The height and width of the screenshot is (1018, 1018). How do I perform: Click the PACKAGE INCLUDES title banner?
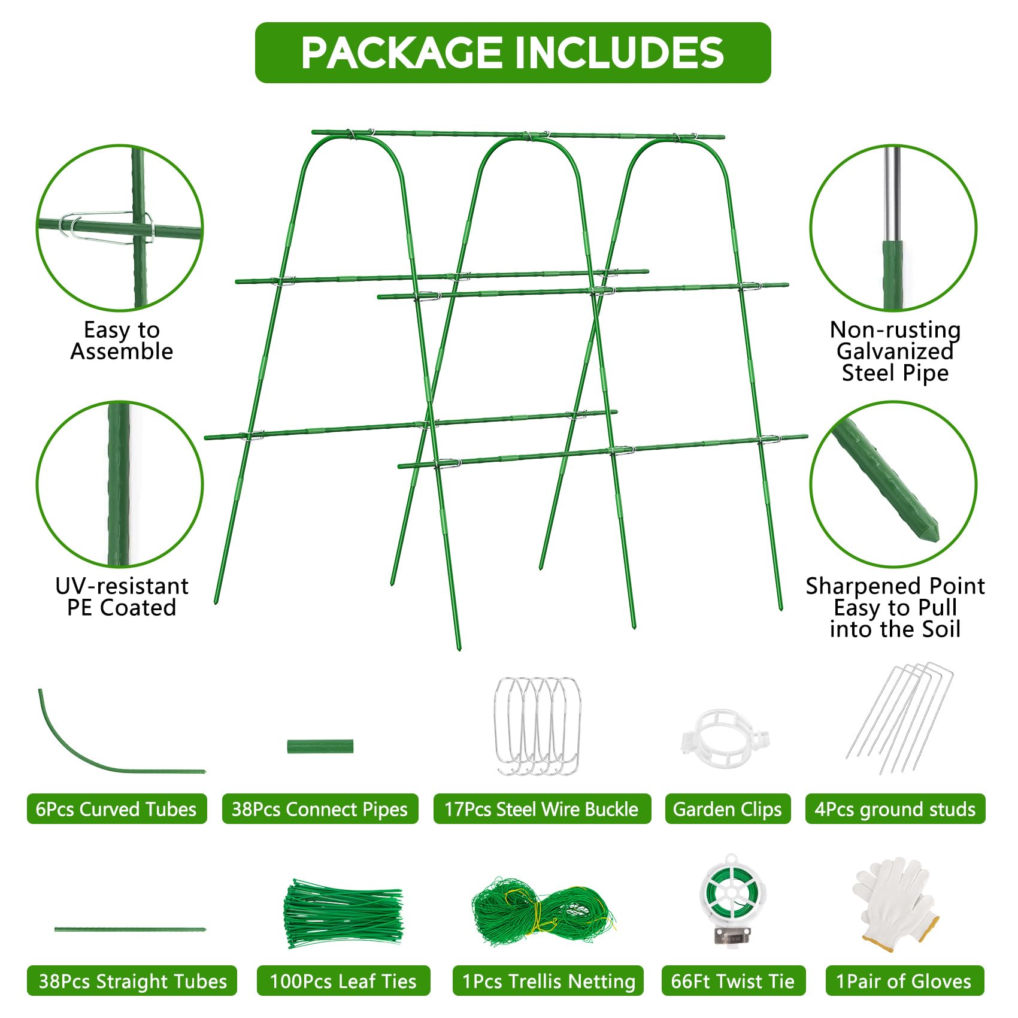[x=513, y=53]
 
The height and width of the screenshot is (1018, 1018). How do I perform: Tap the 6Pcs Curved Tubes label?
[x=117, y=809]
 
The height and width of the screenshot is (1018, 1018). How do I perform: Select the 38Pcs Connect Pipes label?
[x=320, y=809]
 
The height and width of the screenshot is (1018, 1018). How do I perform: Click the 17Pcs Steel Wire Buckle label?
[x=541, y=809]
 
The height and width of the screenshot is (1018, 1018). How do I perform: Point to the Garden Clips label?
[x=728, y=809]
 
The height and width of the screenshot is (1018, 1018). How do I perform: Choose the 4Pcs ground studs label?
[x=895, y=809]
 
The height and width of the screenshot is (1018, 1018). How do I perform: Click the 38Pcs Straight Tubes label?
[x=132, y=981]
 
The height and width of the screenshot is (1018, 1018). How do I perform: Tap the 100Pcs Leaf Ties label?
[x=343, y=981]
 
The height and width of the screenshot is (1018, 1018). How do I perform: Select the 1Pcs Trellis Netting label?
[x=548, y=981]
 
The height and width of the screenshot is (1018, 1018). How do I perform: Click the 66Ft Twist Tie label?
[x=733, y=981]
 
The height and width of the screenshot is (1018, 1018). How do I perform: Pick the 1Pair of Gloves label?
[x=905, y=981]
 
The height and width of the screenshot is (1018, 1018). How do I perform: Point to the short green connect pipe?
[x=320, y=747]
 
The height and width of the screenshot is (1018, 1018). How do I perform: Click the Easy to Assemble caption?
[x=122, y=340]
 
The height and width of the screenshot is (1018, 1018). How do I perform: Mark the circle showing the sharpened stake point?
[x=893, y=484]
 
